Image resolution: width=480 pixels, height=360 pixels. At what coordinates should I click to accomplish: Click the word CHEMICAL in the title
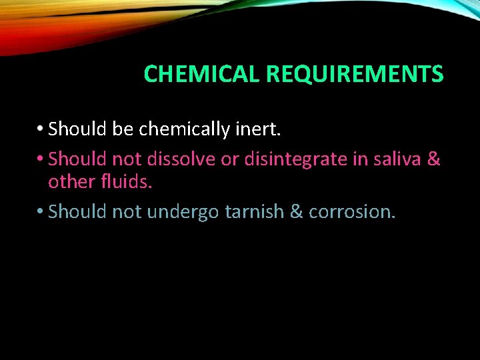202,74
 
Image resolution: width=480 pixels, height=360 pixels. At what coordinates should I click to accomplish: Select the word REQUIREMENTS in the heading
355,74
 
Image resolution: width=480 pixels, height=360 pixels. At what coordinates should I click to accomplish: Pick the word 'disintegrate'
288,159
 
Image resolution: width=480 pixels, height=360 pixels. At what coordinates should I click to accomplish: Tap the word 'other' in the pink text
70,181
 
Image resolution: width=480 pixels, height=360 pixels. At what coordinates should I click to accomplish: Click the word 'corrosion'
352,211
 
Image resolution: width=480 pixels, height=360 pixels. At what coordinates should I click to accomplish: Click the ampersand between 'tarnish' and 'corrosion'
297,211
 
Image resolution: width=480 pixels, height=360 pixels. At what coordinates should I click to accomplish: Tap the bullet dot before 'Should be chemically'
42,128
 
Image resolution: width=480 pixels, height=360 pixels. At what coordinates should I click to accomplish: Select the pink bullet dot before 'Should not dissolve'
42,159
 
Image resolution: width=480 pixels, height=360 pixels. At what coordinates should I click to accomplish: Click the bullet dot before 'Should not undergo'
42,211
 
